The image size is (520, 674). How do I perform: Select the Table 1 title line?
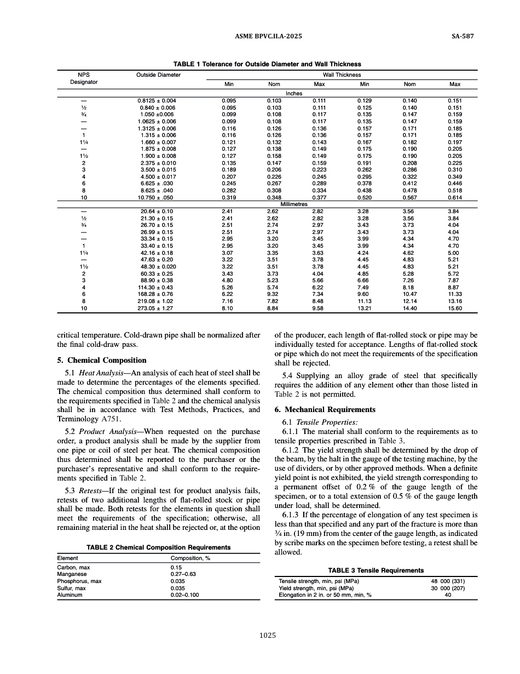[267, 64]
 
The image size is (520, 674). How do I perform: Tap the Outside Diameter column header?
[158, 75]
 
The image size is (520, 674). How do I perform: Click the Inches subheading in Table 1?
[294, 94]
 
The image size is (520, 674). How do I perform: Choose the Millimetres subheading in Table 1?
[294, 204]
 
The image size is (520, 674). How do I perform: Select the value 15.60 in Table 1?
[454, 309]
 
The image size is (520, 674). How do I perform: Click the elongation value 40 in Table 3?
[448, 595]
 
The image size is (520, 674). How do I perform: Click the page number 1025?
[267, 636]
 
